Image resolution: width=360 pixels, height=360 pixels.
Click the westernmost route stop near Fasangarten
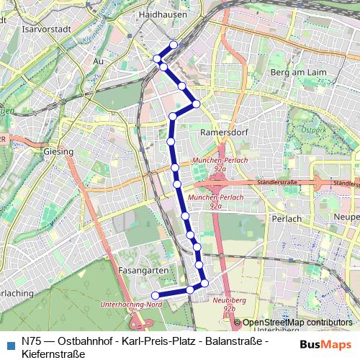click(154, 295)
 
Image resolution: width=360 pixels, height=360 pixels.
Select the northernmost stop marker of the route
click(174, 45)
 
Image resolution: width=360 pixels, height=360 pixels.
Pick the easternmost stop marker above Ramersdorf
click(196, 104)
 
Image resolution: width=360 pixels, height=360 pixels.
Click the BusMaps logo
click(325, 344)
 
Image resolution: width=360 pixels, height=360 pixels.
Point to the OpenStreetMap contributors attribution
click(297, 323)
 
